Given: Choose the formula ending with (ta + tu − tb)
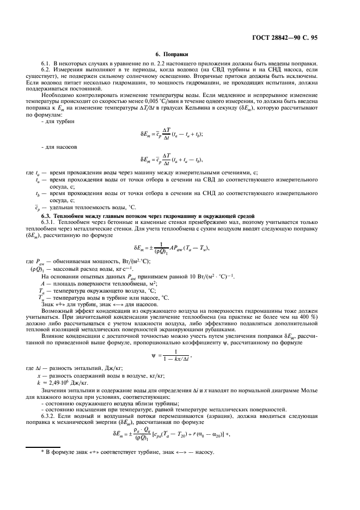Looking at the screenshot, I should coord(179,161).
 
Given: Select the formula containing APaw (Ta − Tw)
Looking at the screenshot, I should coord(179,248).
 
